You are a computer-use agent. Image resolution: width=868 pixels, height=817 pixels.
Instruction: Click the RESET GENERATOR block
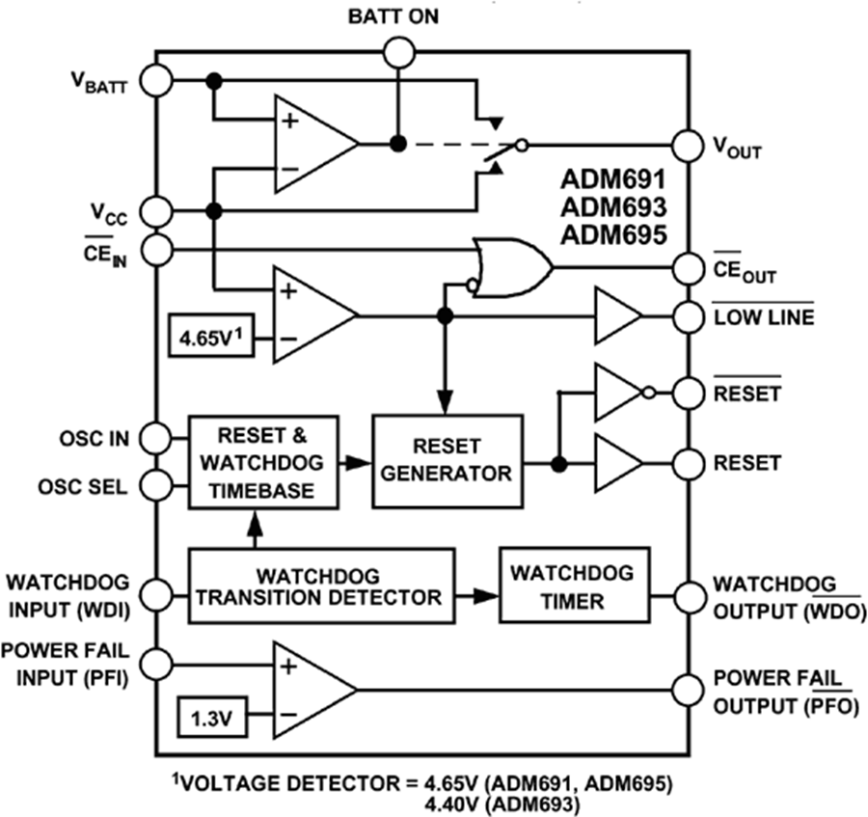[447, 460]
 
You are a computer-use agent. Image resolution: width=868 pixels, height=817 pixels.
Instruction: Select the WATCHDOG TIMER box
[573, 586]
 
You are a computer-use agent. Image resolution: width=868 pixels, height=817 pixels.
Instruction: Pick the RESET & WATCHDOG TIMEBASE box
[264, 460]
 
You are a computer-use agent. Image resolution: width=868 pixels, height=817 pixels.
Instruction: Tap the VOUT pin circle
[687, 146]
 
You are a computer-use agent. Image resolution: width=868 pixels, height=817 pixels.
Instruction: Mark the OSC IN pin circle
[155, 440]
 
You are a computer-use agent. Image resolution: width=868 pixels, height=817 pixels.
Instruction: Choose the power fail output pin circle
[687, 691]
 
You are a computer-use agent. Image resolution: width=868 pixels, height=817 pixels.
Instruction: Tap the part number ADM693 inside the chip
[613, 206]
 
